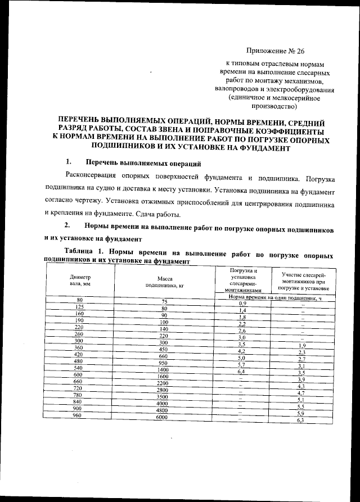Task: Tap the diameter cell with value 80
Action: coord(79,300)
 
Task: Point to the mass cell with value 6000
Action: coord(163,418)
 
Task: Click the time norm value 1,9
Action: coord(301,345)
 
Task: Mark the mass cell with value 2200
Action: coord(163,382)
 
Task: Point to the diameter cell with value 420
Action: coord(79,355)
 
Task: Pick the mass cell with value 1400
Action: coord(163,369)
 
